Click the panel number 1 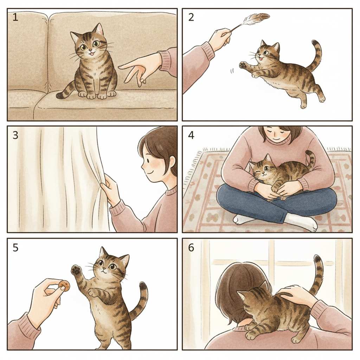15,17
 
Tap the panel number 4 191,135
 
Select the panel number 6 191,248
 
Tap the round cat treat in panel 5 64,285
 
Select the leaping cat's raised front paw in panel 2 243,65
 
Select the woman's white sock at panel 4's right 301,221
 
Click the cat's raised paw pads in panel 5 76,270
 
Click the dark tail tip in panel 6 317,259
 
